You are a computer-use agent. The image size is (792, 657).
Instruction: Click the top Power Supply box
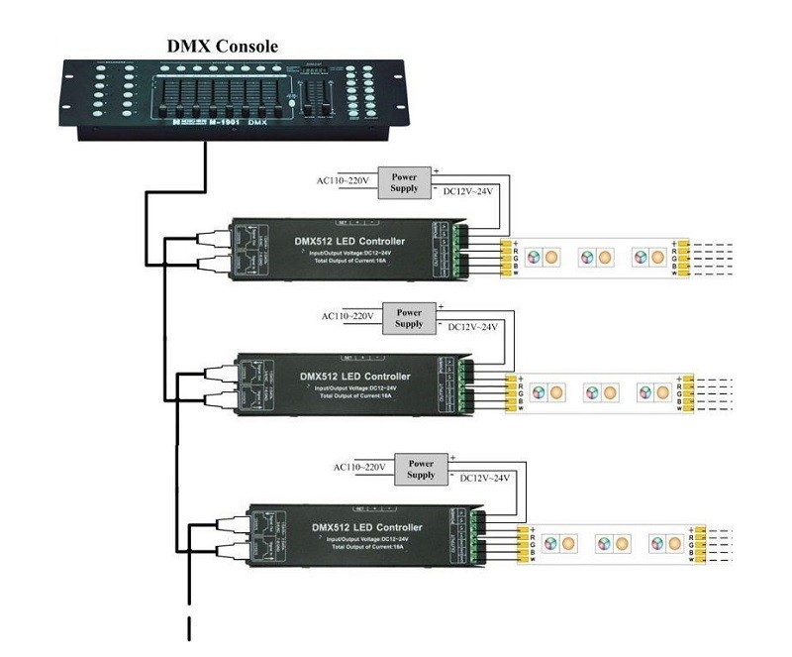point(404,182)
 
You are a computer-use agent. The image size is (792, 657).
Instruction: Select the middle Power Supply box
point(408,316)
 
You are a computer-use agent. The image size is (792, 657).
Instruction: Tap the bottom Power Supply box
point(421,469)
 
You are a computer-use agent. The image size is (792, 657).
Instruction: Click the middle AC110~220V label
point(347,316)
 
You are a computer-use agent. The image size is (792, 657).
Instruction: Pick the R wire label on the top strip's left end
point(516,252)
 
